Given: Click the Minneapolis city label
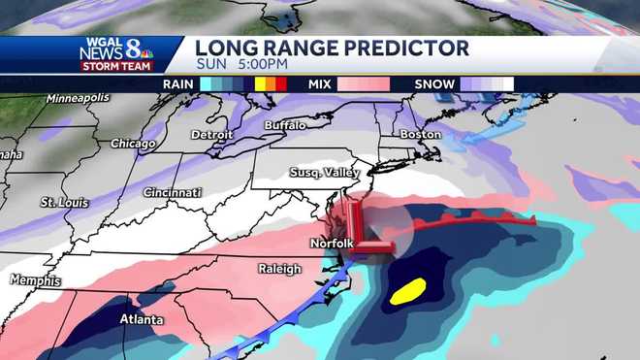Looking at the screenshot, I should [x=80, y=99].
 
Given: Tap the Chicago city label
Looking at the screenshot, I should [x=133, y=144].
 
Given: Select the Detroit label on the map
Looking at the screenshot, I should [x=212, y=133].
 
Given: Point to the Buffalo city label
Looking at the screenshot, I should [x=285, y=126].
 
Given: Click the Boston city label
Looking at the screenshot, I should [x=420, y=133].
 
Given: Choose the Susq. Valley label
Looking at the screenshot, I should [x=324, y=173].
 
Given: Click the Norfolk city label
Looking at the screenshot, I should [x=331, y=243].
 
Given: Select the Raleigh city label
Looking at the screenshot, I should [x=279, y=269].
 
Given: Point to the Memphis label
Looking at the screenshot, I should [x=35, y=279].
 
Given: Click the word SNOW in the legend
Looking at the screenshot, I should [x=434, y=83].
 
